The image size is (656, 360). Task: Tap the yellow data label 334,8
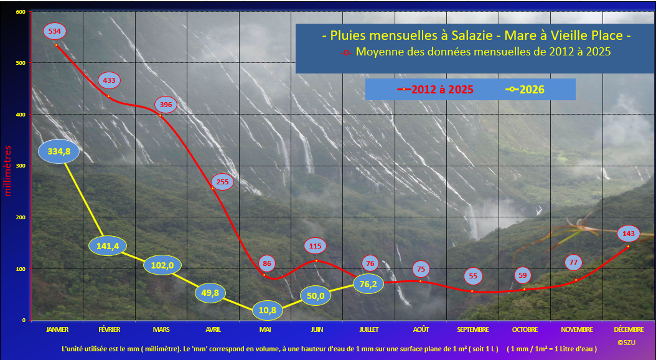coord(59,151)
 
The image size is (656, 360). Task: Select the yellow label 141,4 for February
coord(108,246)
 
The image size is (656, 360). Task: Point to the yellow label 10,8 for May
coord(268,311)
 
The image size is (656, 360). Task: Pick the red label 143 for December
coord(629,234)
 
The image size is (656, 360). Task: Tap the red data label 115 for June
coord(315,246)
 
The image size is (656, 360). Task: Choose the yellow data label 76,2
coord(368,284)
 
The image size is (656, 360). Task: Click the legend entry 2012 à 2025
coord(435,89)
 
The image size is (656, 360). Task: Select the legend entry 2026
coord(525,89)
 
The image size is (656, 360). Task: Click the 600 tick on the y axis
coord(21,12)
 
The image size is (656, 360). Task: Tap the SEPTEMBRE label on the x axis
coord(473,330)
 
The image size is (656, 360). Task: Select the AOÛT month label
coord(421,330)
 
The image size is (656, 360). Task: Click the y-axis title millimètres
coord(7,171)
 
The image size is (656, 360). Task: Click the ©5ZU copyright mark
coord(626,343)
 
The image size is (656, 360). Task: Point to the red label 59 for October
coord(523,275)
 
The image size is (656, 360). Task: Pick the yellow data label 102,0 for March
coord(162,265)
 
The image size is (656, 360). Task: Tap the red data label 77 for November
coord(573,262)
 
